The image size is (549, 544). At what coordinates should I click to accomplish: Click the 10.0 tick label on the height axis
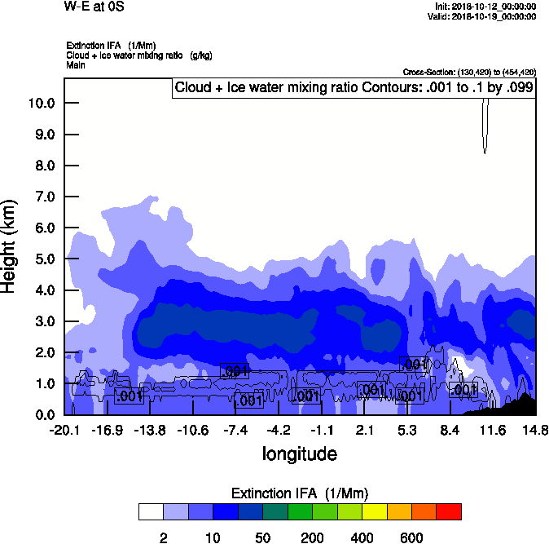pyautogui.click(x=41, y=104)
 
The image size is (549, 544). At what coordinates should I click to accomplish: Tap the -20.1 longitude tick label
pyautogui.click(x=64, y=430)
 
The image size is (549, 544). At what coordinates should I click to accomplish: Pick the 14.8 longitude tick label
pyautogui.click(x=535, y=430)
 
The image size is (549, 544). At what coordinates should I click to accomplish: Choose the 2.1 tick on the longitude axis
pyautogui.click(x=365, y=430)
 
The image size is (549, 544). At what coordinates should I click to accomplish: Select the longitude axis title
pyautogui.click(x=299, y=453)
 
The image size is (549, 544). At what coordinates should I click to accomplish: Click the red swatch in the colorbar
pyautogui.click(x=449, y=511)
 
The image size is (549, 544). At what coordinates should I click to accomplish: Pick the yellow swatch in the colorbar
pyautogui.click(x=374, y=511)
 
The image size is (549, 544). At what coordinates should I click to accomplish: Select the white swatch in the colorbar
pyautogui.click(x=151, y=511)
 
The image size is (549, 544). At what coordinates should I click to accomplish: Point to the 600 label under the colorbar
pyautogui.click(x=411, y=537)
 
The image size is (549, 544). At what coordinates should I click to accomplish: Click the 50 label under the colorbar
pyautogui.click(x=262, y=537)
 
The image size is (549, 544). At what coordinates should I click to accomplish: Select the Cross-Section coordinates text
pyautogui.click(x=469, y=72)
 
